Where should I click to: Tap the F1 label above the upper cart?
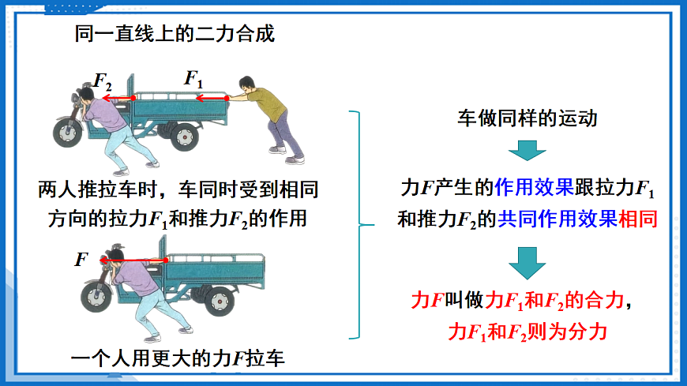tap(194, 79)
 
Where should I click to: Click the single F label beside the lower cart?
tap(82, 259)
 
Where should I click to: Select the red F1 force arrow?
tap(212, 99)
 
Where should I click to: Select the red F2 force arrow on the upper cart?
tap(118, 99)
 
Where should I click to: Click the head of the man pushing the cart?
tap(247, 84)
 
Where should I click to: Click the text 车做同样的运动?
tap(527, 119)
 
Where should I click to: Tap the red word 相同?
tap(638, 219)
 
